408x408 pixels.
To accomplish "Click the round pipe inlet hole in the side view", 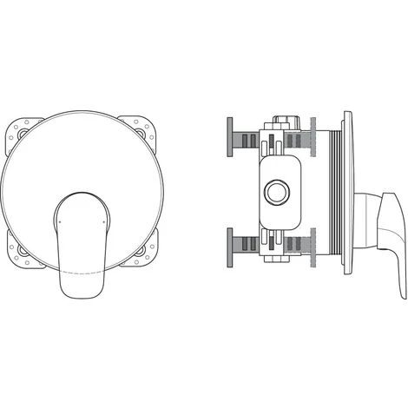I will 280,193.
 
